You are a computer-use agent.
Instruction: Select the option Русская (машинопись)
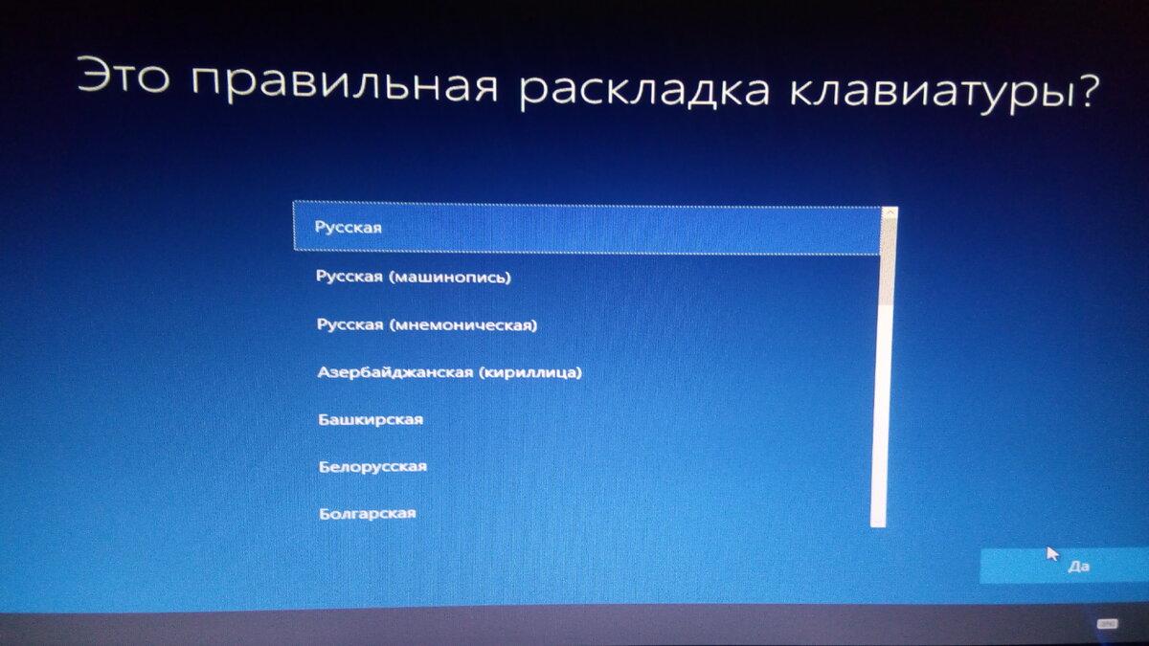coord(414,278)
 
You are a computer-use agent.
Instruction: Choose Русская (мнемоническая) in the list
coord(427,325)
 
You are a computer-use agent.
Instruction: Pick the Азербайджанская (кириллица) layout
coord(449,371)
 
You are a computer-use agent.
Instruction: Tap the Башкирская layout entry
coord(370,419)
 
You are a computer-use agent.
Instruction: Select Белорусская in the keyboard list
coord(372,467)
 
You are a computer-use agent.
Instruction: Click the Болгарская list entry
coord(367,514)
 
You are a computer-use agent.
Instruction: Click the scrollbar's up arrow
coord(890,212)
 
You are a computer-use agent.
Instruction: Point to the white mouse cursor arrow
coord(1052,553)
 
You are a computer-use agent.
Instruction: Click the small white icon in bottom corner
coord(1105,622)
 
